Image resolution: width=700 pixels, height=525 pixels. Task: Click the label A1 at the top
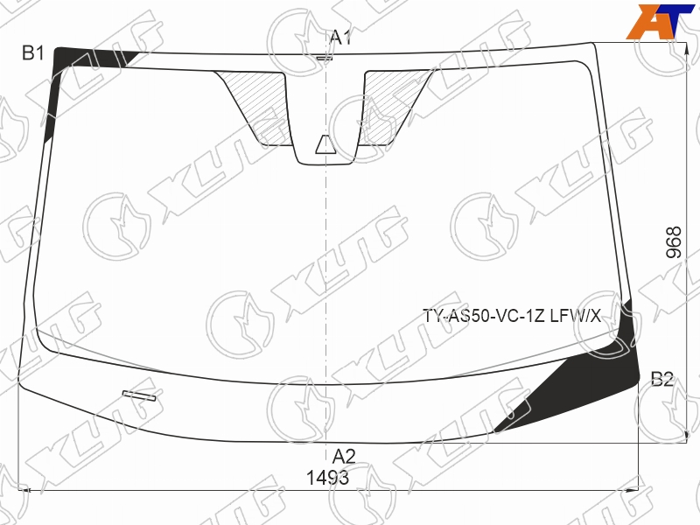(x=340, y=38)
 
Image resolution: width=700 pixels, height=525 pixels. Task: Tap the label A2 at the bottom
(x=344, y=457)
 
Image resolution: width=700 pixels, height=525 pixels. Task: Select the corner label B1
(x=33, y=52)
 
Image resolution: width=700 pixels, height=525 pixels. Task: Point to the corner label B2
(x=662, y=379)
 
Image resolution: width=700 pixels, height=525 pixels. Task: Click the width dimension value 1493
(x=327, y=478)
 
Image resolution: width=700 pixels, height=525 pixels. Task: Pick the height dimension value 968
(x=674, y=242)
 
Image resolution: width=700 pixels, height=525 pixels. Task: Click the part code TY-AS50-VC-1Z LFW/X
(x=512, y=316)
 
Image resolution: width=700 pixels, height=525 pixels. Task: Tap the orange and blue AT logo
(x=661, y=22)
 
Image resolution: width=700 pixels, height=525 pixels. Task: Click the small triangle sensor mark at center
(x=325, y=144)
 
